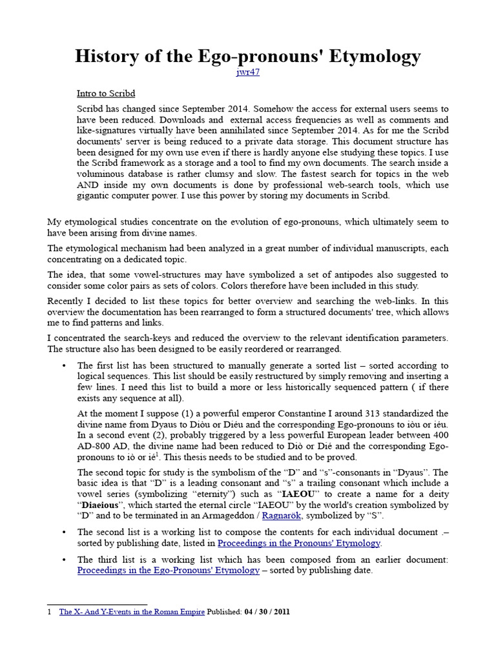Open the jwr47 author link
tap(248, 72)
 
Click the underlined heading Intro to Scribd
tap(106, 94)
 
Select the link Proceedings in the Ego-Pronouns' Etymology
tap(169, 570)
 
